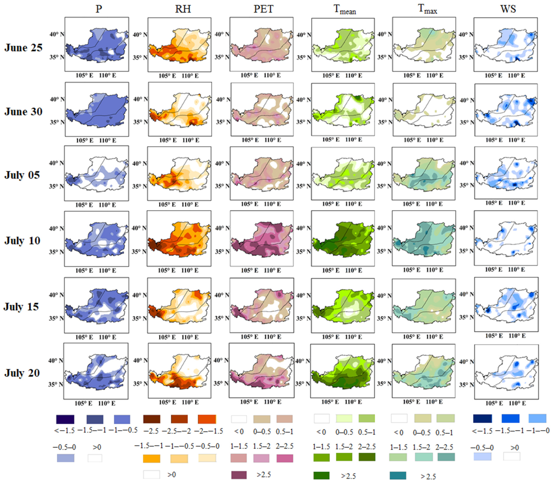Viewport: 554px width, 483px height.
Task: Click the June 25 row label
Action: point(23,48)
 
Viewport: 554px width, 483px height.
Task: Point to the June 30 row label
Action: point(23,112)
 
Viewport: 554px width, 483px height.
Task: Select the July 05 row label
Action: point(22,175)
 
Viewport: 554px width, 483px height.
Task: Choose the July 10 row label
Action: point(22,241)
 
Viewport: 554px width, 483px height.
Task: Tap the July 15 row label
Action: point(21,307)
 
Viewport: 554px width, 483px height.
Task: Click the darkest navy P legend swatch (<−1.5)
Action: point(65,419)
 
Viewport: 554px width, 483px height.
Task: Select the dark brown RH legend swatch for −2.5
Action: point(152,419)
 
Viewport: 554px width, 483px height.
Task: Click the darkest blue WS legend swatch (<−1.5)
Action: point(483,418)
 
